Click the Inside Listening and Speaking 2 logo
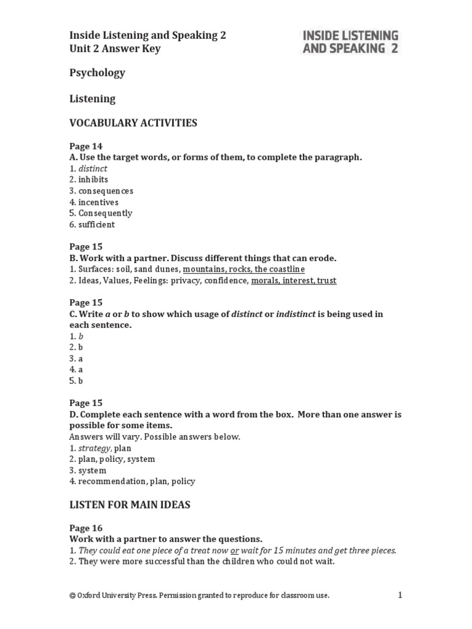350,42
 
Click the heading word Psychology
97,72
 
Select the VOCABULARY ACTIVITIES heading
133,123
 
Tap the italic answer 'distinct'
93,168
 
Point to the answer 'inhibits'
93,179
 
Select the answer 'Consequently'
105,213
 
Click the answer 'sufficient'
96,224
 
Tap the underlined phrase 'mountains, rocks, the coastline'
243,269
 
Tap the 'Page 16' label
86,528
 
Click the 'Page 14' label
86,146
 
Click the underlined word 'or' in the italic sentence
234,550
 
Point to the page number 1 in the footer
399,595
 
